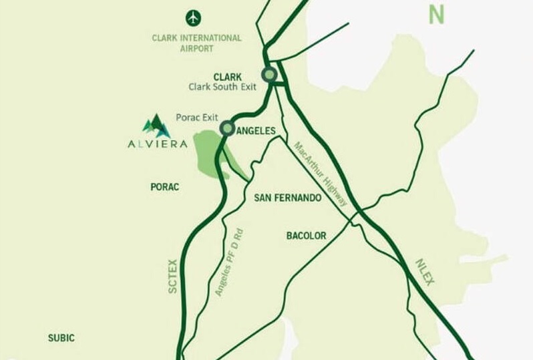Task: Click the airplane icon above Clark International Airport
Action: pyautogui.click(x=194, y=16)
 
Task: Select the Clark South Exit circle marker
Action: pyautogui.click(x=269, y=75)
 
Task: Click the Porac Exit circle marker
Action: pyautogui.click(x=227, y=128)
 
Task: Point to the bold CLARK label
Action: pyautogui.click(x=227, y=76)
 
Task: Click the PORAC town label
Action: pyautogui.click(x=165, y=187)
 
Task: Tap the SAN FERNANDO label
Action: pyautogui.click(x=288, y=199)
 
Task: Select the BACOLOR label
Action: pyautogui.click(x=306, y=236)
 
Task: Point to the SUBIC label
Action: pyautogui.click(x=61, y=338)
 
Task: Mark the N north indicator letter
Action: pyautogui.click(x=437, y=15)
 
